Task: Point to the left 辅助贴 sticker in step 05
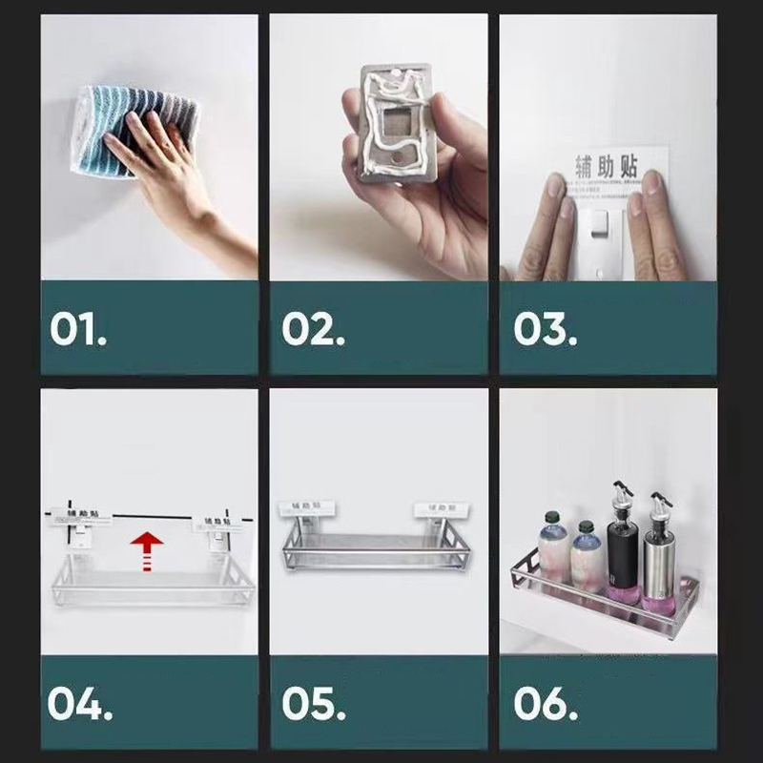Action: pyautogui.click(x=305, y=508)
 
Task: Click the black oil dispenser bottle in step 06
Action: pyautogui.click(x=621, y=559)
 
